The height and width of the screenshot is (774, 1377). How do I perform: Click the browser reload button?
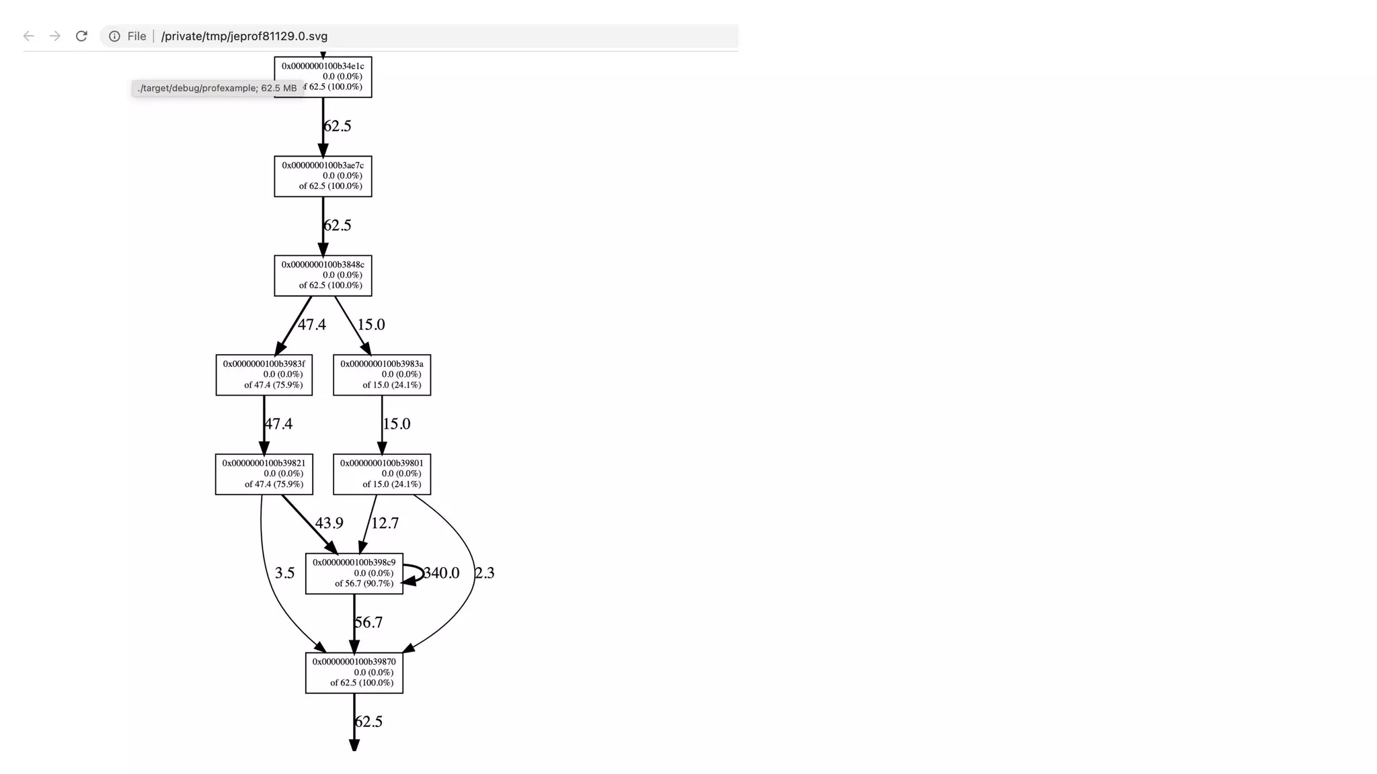pos(81,36)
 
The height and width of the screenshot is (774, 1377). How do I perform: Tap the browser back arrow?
pos(28,36)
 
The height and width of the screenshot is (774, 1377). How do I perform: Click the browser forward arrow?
pos(55,36)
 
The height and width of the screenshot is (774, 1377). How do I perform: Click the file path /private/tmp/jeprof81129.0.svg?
pos(244,36)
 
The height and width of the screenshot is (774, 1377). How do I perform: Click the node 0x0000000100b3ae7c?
pos(323,176)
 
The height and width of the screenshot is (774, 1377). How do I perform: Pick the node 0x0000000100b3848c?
pos(323,275)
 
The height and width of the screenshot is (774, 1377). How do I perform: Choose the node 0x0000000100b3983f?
pos(264,375)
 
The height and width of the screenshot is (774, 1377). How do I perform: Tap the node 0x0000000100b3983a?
pos(382,375)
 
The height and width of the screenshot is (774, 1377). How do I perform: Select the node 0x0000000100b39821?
pos(264,474)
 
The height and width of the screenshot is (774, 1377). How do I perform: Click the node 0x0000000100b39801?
pos(382,474)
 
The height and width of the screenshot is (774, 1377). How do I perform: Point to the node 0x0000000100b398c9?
pos(354,574)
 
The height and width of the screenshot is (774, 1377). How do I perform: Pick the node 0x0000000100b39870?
pos(354,673)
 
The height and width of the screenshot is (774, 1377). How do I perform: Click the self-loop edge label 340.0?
pos(442,573)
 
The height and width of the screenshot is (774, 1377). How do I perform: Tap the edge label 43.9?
pos(329,523)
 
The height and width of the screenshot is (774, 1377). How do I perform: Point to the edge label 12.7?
pos(385,523)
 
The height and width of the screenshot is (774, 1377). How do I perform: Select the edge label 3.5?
pos(284,573)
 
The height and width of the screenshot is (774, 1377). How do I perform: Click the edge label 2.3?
pos(485,573)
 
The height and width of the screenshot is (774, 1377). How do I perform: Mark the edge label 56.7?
pos(369,622)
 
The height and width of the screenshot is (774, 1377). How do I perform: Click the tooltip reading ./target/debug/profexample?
pos(217,88)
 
